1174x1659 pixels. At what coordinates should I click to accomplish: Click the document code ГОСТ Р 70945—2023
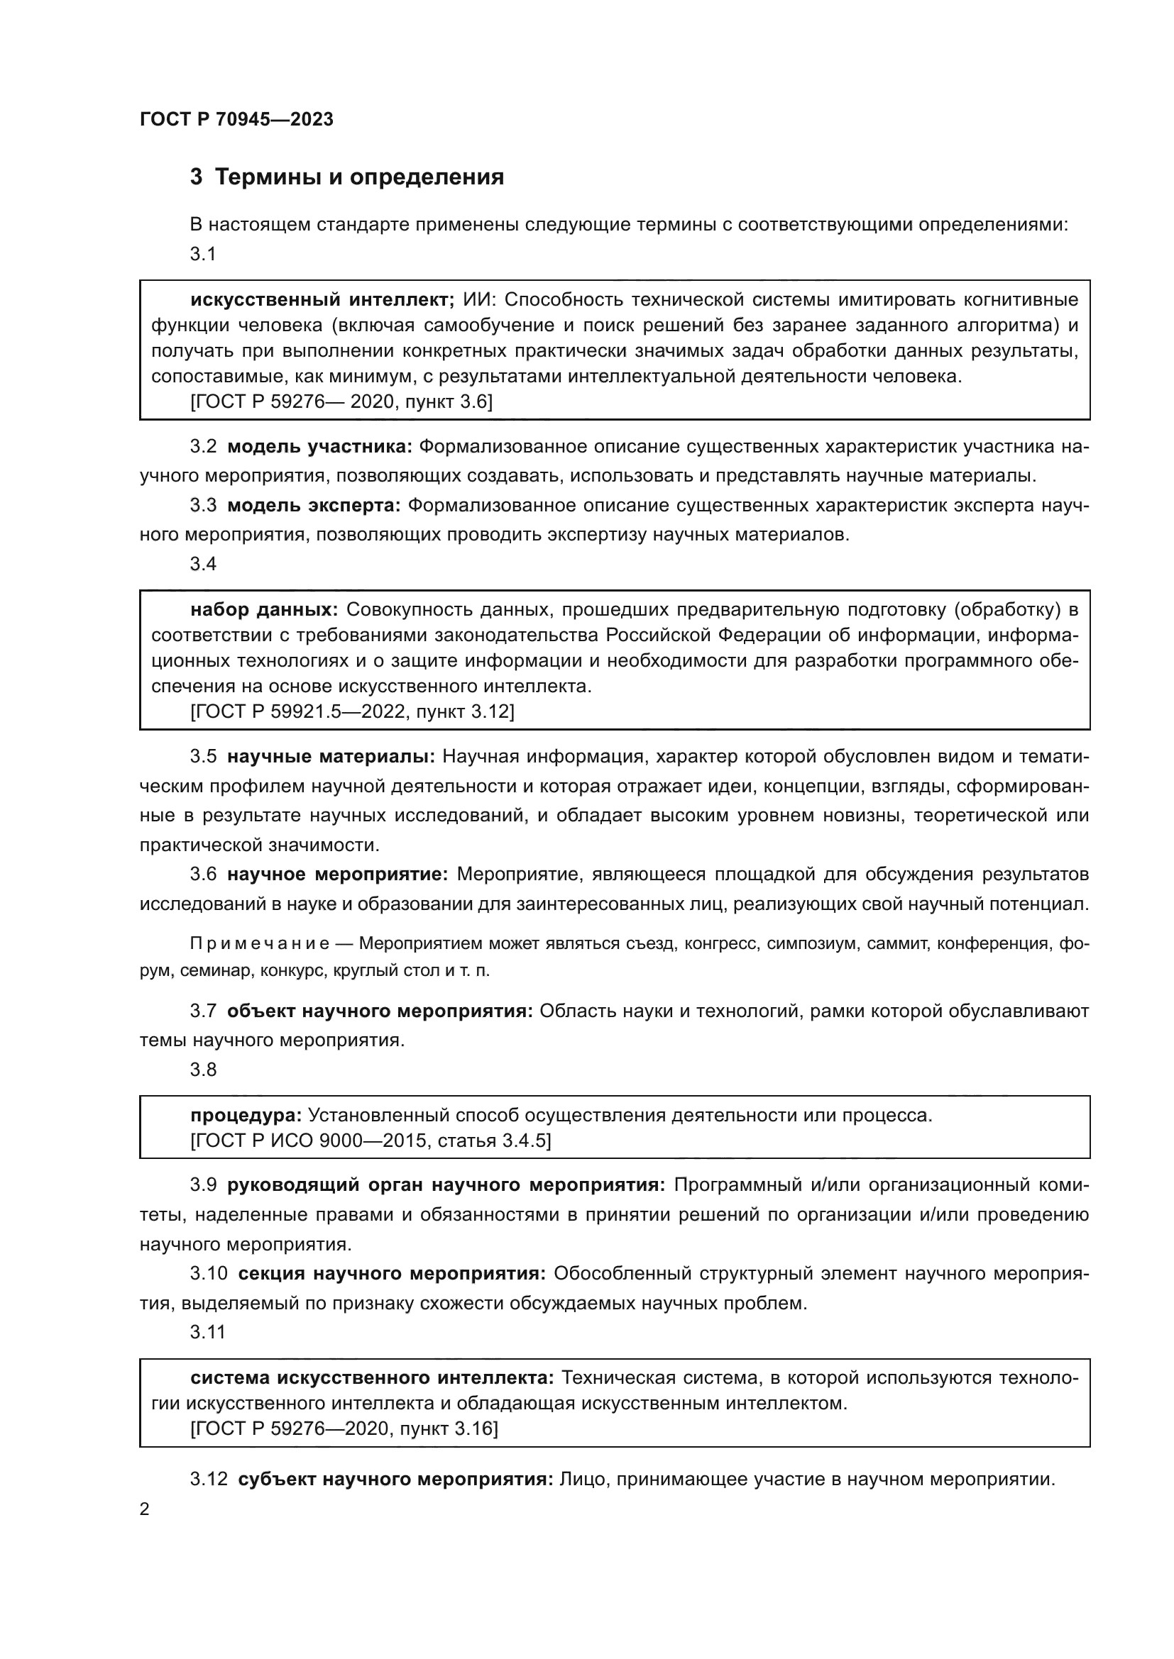pyautogui.click(x=236, y=119)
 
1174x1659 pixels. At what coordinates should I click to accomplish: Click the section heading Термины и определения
pyautogui.click(x=359, y=177)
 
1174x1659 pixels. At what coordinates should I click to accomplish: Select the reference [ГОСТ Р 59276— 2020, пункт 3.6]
pyautogui.click(x=341, y=401)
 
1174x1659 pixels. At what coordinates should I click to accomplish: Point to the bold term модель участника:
pyautogui.click(x=319, y=447)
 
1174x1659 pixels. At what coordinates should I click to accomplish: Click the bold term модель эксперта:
pyautogui.click(x=314, y=505)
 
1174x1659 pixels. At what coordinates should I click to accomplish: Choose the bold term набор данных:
pyautogui.click(x=264, y=610)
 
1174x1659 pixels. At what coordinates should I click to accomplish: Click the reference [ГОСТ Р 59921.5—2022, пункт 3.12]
pyautogui.click(x=352, y=711)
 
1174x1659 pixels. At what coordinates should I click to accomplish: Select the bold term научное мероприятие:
pyautogui.click(x=338, y=875)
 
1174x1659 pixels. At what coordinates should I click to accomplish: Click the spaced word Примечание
pyautogui.click(x=260, y=943)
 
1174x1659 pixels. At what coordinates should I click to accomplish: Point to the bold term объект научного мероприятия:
pyautogui.click(x=380, y=1011)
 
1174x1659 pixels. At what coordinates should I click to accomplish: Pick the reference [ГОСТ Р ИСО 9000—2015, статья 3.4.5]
pyautogui.click(x=370, y=1141)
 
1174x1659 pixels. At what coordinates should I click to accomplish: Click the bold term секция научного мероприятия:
pyautogui.click(x=392, y=1273)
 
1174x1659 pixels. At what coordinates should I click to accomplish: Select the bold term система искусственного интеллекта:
pyautogui.click(x=371, y=1378)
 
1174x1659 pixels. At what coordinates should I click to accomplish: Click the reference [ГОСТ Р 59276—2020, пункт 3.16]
pyautogui.click(x=344, y=1428)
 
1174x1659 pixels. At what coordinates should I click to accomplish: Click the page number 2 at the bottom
pyautogui.click(x=145, y=1509)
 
